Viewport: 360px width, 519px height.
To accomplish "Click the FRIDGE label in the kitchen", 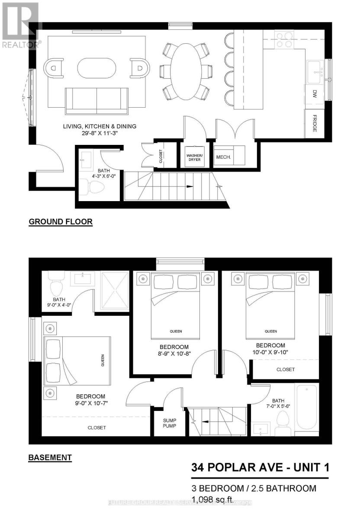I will pyautogui.click(x=315, y=124).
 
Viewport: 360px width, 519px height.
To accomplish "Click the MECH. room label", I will pyautogui.click(x=224, y=157).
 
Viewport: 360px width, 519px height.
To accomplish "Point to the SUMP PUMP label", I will pyautogui.click(x=169, y=423).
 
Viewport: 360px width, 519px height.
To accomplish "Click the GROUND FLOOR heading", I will pyautogui.click(x=61, y=222).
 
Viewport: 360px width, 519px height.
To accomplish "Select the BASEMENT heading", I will pyautogui.click(x=50, y=457).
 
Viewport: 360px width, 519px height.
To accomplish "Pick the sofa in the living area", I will pyautogui.click(x=96, y=99).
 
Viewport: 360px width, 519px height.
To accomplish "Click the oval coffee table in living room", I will pyautogui.click(x=97, y=68).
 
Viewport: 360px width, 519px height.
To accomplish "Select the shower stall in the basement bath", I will pyautogui.click(x=115, y=290).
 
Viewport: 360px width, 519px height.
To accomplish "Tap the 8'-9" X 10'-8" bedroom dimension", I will pyautogui.click(x=174, y=354).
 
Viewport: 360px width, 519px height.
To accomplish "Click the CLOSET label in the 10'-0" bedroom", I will pyautogui.click(x=286, y=369).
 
